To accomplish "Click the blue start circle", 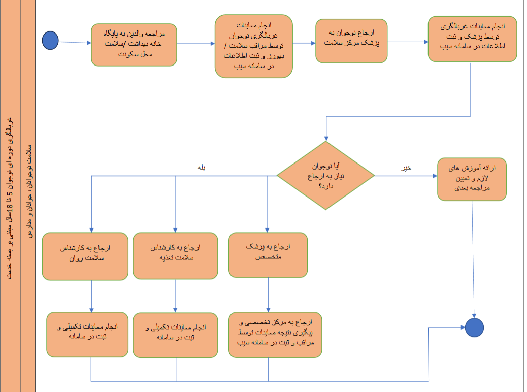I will click(50, 41).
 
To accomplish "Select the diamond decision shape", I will click(325, 176).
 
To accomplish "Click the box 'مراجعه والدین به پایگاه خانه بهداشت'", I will click(134, 45).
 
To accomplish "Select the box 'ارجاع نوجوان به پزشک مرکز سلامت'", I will click(352, 41).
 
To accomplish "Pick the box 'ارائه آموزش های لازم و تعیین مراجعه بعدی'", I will click(472, 179).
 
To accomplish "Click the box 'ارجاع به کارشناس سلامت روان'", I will click(84, 256).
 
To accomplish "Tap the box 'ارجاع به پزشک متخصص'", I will click(268, 255).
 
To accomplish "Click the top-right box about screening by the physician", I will click(472, 39).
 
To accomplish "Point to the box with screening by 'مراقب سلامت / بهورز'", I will click(253, 46).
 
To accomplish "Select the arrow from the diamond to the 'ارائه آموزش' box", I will click(406, 176).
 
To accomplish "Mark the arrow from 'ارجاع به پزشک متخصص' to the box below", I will click(268, 295).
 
